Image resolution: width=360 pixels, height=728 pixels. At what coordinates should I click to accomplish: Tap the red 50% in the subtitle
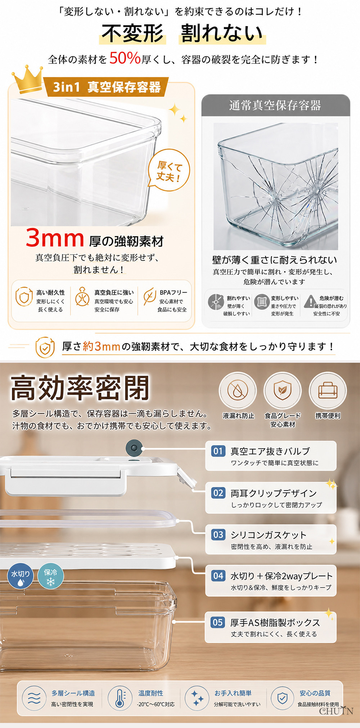(x=125, y=58)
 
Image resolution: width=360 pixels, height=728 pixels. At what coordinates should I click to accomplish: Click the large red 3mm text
(x=55, y=238)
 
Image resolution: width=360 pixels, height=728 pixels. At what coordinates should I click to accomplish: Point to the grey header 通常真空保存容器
(x=275, y=106)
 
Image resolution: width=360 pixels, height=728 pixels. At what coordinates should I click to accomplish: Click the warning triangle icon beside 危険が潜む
(x=310, y=302)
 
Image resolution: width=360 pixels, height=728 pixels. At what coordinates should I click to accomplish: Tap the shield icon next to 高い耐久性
(x=24, y=297)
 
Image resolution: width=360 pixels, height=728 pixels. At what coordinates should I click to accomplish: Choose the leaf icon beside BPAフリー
(x=149, y=297)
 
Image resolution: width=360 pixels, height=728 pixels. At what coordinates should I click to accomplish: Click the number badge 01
(x=218, y=451)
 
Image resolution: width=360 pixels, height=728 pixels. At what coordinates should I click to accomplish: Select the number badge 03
(x=218, y=535)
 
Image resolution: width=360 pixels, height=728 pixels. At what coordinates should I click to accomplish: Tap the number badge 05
(x=218, y=622)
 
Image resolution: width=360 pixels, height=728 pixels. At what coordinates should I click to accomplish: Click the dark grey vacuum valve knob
(x=134, y=448)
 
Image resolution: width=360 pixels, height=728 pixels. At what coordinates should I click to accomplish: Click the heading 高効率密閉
(x=80, y=388)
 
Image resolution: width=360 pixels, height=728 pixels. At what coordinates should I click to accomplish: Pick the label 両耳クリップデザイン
(x=274, y=493)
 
